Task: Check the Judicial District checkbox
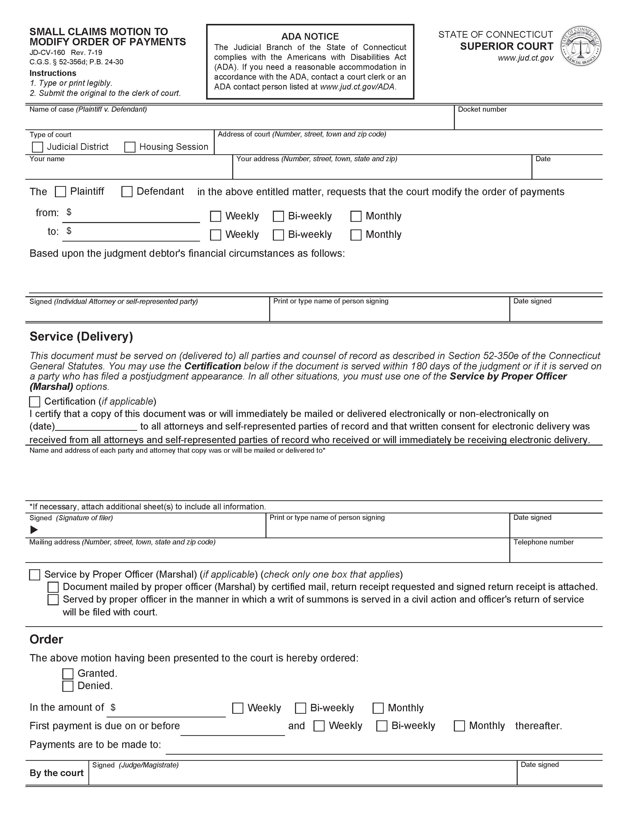(x=37, y=147)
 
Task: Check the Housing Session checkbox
(x=130, y=147)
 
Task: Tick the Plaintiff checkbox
(x=60, y=192)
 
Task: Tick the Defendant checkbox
(x=127, y=192)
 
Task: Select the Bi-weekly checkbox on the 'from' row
(x=278, y=216)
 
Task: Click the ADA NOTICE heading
(x=310, y=36)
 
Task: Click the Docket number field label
(x=482, y=109)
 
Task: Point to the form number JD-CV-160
(x=47, y=53)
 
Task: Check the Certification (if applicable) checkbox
(x=35, y=402)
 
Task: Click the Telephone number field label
(x=543, y=542)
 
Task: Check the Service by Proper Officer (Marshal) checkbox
(x=35, y=575)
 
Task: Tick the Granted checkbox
(x=67, y=674)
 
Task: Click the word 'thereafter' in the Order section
(x=538, y=726)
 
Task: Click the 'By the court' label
(x=56, y=773)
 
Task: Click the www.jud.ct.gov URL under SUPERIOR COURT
(x=525, y=58)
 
